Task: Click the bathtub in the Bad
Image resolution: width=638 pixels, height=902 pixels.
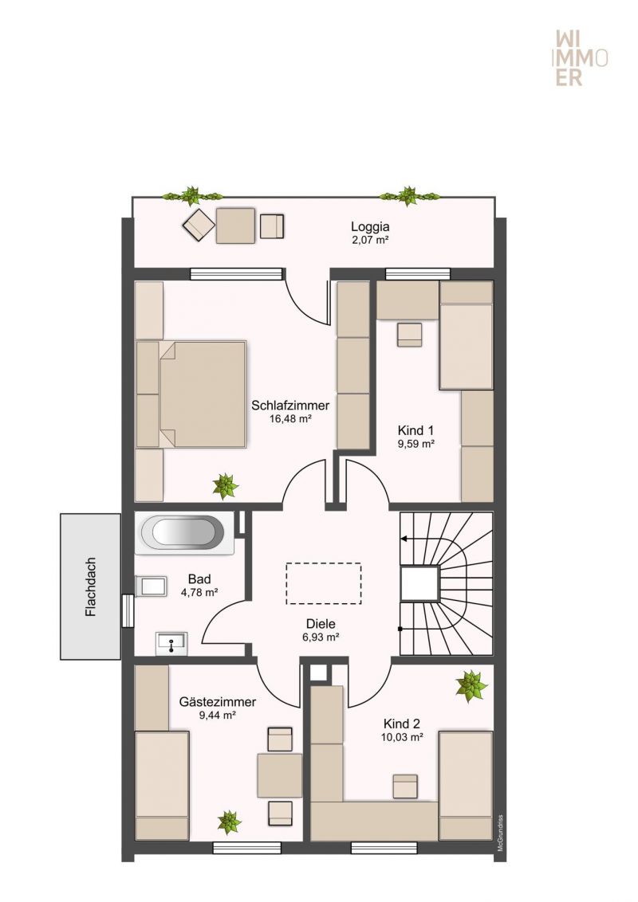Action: (185, 533)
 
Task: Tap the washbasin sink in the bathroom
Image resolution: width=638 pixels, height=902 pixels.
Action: (171, 642)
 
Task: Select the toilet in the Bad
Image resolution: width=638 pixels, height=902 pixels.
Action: (150, 586)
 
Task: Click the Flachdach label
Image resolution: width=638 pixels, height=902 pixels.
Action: (90, 586)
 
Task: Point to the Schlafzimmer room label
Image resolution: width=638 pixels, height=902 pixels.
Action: (290, 405)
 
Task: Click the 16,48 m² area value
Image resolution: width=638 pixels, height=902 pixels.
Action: (290, 419)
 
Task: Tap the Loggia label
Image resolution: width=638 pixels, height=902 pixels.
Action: (370, 226)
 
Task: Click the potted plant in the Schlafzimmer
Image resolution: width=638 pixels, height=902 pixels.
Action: (225, 485)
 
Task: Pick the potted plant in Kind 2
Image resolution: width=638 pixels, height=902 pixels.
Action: (471, 686)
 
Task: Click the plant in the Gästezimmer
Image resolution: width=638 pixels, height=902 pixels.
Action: (229, 822)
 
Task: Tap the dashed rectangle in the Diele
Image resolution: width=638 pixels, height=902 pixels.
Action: (324, 583)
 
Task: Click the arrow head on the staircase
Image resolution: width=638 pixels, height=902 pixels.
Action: (404, 539)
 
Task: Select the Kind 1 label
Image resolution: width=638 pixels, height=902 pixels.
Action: (415, 430)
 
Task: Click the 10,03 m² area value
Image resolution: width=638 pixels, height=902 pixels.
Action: (402, 737)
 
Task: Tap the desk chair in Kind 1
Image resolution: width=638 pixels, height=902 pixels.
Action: (409, 335)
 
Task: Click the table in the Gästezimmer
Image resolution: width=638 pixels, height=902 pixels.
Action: (279, 775)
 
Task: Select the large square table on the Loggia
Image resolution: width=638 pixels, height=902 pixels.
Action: (235, 225)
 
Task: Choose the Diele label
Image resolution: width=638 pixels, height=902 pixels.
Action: (321, 624)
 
